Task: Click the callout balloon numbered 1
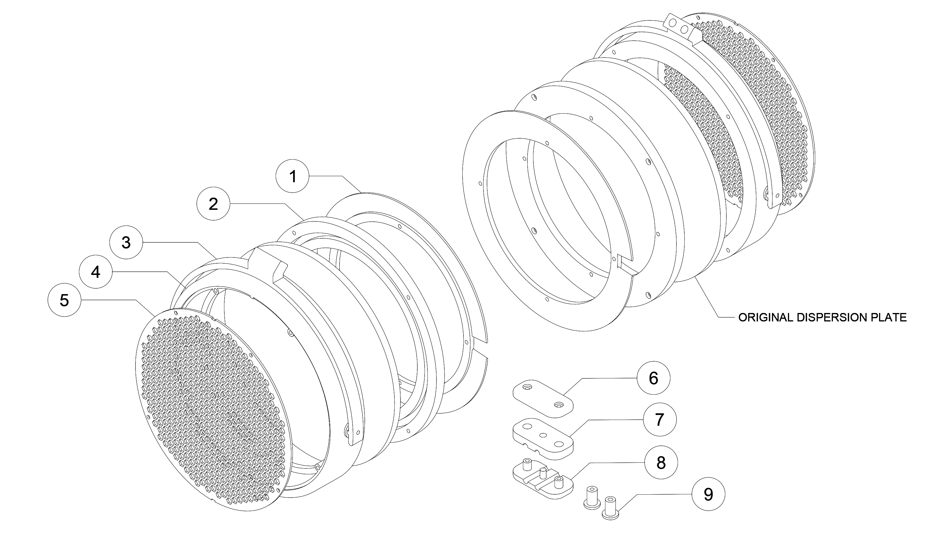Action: click(293, 176)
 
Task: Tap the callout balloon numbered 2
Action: click(213, 204)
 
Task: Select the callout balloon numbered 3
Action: click(126, 243)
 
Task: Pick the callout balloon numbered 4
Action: click(95, 272)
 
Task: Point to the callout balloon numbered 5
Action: click(64, 300)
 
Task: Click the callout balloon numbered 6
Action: click(653, 378)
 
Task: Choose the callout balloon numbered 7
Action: click(659, 419)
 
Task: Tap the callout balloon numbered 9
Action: click(708, 494)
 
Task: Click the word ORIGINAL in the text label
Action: click(766, 318)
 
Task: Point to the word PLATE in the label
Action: click(890, 318)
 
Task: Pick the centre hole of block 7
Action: click(543, 436)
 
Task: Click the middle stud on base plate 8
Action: click(543, 472)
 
